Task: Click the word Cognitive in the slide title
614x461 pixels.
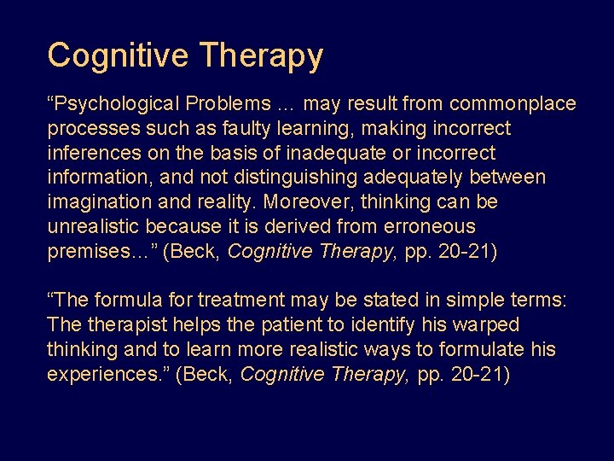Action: point(119,55)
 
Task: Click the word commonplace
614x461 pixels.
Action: point(513,104)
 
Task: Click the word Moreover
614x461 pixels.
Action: point(304,203)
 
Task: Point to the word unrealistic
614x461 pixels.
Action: point(94,227)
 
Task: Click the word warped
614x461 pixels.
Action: point(488,325)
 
